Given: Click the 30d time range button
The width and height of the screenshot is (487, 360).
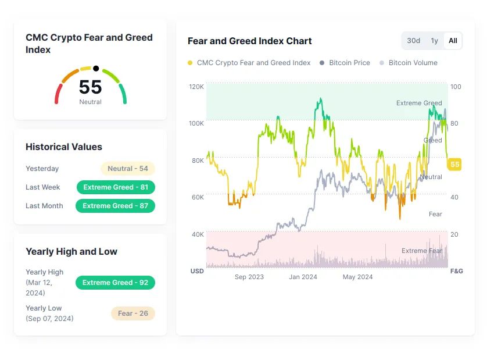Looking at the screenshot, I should [x=413, y=41].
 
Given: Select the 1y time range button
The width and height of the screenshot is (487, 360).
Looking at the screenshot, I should [x=434, y=41].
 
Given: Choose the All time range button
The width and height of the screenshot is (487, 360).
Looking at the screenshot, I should [x=453, y=41].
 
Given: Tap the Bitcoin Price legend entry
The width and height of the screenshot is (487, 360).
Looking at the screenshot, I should [x=349, y=63].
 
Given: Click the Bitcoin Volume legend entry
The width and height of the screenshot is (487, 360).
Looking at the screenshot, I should [x=413, y=63].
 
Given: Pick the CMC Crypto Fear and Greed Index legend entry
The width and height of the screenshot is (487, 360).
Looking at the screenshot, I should [x=253, y=63].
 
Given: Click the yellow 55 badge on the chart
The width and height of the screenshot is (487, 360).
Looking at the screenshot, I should [x=454, y=165].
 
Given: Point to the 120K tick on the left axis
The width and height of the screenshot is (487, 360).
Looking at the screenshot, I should [x=196, y=87].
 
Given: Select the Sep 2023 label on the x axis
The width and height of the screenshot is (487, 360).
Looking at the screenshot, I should [x=249, y=277].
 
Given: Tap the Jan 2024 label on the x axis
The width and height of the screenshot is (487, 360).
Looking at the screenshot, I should [x=303, y=277].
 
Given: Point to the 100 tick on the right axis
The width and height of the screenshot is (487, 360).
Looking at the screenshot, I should [x=456, y=87].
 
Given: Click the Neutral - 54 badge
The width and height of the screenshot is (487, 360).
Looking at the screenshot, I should [x=128, y=169].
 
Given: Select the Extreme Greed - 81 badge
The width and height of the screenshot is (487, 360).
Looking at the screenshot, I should [x=116, y=187].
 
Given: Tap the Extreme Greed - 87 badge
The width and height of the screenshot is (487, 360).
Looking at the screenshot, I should [x=115, y=206].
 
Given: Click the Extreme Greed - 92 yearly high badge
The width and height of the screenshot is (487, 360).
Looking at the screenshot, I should [x=115, y=283].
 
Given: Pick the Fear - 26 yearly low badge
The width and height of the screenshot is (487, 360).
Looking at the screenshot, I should [x=133, y=313].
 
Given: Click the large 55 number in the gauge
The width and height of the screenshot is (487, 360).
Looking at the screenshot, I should [x=90, y=87].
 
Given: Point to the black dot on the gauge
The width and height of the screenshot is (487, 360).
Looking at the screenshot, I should [x=96, y=69].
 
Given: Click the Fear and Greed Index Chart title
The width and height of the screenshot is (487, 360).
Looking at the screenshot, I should [x=250, y=41].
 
